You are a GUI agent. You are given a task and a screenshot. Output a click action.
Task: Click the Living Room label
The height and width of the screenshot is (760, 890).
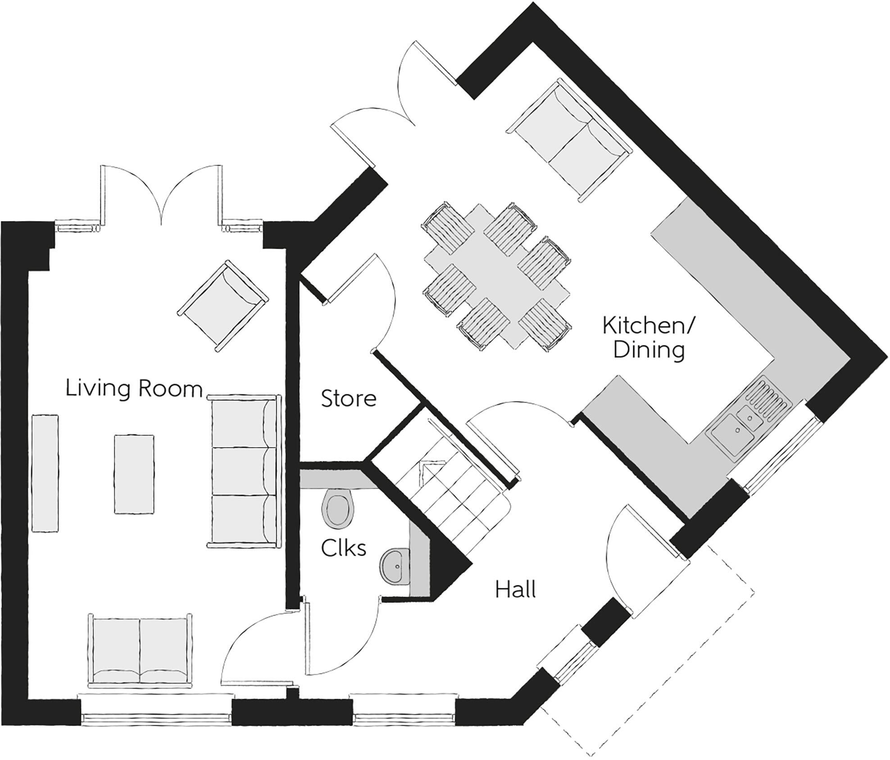134,389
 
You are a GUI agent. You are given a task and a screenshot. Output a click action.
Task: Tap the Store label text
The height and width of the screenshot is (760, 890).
348,399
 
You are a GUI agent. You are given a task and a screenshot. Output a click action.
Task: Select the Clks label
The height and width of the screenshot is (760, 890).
343,548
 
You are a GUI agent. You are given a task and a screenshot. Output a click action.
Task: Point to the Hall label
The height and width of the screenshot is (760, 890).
515,590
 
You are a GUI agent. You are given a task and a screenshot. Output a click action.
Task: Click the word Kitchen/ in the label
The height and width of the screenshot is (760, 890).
649,326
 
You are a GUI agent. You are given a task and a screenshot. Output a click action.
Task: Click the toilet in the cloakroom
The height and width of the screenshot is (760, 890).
338,511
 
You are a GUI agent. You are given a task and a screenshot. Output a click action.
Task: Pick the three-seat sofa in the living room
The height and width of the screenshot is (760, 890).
243,471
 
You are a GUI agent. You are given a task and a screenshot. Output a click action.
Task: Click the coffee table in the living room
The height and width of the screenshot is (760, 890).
134,474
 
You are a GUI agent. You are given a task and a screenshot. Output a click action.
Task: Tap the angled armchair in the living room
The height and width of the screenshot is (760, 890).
223,306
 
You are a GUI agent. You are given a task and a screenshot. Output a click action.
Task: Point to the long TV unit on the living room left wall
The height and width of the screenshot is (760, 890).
45,473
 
